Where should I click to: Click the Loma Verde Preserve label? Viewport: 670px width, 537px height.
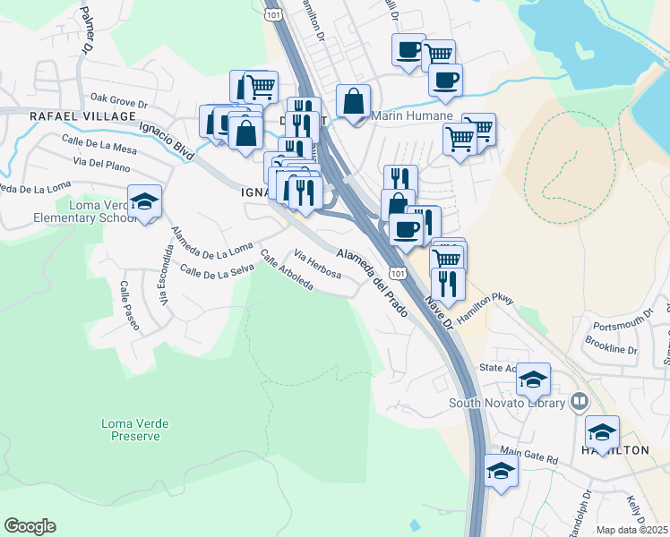135,429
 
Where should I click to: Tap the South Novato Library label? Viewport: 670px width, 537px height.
507,403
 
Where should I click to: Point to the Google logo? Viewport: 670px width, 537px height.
30,526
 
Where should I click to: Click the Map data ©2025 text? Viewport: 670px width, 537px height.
631,530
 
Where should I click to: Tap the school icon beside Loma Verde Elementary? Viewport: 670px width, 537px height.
144,202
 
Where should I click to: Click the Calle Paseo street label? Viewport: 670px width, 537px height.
129,305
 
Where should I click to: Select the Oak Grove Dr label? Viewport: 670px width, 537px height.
117,98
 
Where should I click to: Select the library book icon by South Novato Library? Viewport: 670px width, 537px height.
579,402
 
